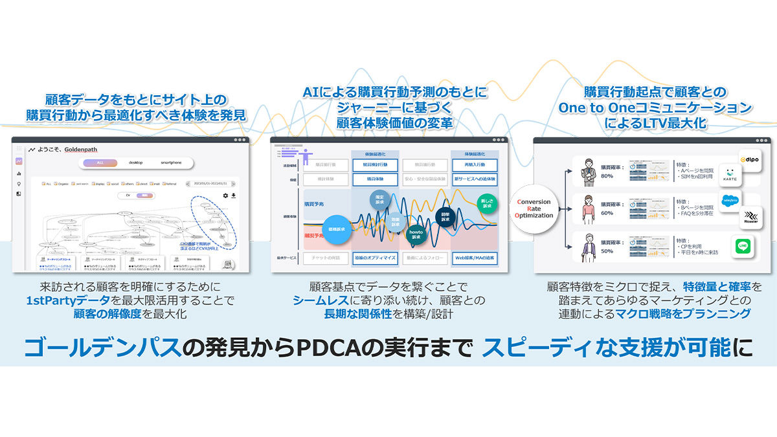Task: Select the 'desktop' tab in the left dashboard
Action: [x=135, y=162]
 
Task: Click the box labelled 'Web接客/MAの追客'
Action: [x=475, y=257]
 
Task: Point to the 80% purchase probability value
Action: [x=607, y=175]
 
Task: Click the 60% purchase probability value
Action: [x=607, y=212]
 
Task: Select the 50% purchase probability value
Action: [x=607, y=250]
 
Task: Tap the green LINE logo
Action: [x=741, y=247]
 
